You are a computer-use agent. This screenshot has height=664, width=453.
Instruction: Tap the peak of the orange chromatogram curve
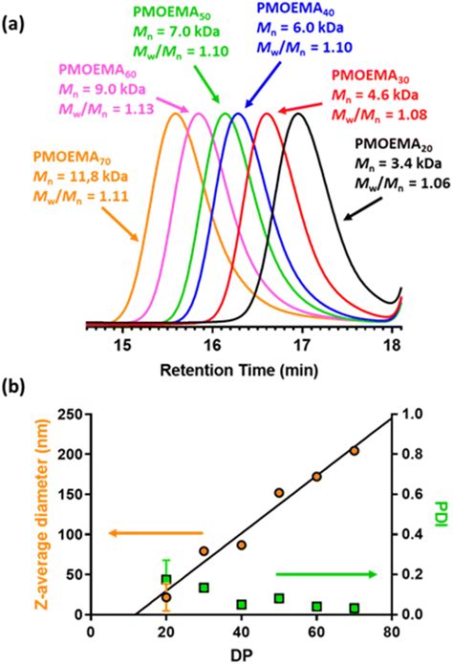(176, 114)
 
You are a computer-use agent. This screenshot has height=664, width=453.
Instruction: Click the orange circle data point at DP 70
(355, 451)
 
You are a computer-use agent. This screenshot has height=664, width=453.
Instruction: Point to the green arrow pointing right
(311, 574)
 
